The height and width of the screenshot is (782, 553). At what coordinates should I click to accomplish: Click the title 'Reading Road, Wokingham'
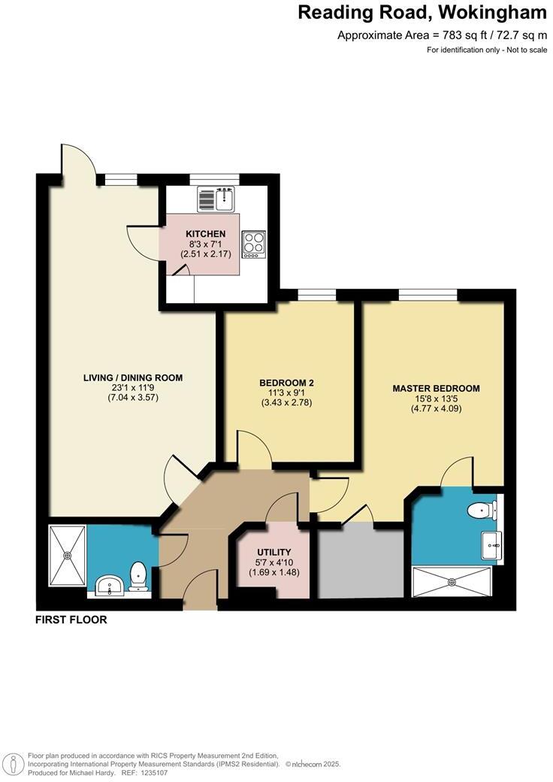(x=422, y=13)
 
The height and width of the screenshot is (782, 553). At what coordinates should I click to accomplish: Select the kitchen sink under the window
(x=217, y=199)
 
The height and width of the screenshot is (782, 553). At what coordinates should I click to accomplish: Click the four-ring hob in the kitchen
(x=253, y=244)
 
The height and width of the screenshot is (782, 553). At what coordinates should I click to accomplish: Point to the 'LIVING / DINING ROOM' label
(x=133, y=377)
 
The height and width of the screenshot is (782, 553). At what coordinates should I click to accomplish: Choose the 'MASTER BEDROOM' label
(x=436, y=388)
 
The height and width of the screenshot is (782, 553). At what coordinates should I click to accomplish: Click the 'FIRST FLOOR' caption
(x=71, y=620)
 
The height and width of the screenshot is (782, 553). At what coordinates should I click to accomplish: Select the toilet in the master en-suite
(x=481, y=511)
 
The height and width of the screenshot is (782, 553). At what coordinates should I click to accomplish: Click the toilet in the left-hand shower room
(x=139, y=575)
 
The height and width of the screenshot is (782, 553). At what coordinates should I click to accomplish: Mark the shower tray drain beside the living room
(x=68, y=556)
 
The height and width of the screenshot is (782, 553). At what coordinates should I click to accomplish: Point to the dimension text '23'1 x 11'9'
(x=133, y=388)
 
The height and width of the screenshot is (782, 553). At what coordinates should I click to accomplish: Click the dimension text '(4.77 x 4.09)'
(x=436, y=409)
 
